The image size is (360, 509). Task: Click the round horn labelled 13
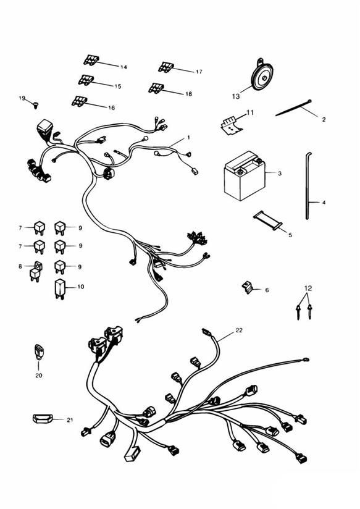click(x=262, y=75)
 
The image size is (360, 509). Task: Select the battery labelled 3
click(x=245, y=176)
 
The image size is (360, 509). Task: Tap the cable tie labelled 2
click(x=293, y=107)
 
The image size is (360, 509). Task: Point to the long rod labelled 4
click(x=308, y=186)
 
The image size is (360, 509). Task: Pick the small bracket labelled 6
click(x=248, y=287)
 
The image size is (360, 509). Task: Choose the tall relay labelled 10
click(x=60, y=288)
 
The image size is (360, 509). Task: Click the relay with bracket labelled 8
click(x=36, y=271)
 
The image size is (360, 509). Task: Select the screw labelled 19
click(x=36, y=105)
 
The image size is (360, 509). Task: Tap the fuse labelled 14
click(x=91, y=60)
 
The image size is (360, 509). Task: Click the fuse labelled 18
click(x=156, y=88)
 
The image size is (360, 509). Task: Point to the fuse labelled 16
click(x=79, y=101)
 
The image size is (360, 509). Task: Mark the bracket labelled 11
click(x=231, y=125)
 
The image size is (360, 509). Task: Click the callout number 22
click(x=239, y=330)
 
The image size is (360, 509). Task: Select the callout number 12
click(x=308, y=288)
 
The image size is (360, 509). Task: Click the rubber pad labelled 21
click(x=43, y=419)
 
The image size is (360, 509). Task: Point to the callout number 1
click(x=188, y=138)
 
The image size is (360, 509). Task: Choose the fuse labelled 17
click(x=166, y=67)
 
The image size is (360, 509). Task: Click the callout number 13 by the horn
click(x=236, y=96)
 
